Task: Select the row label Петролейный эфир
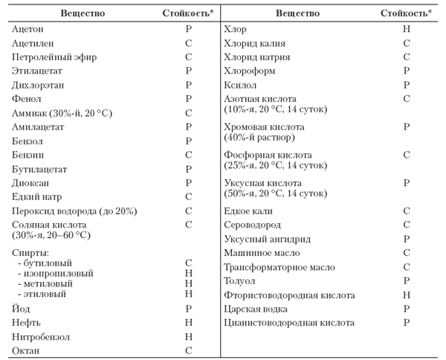click(54, 57)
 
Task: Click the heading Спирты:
click(30, 253)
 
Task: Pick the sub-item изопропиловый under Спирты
click(56, 274)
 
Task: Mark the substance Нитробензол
click(42, 336)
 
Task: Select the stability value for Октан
click(188, 350)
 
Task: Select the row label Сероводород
click(256, 225)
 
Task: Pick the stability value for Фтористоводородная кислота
click(406, 295)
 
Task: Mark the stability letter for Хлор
click(406, 29)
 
